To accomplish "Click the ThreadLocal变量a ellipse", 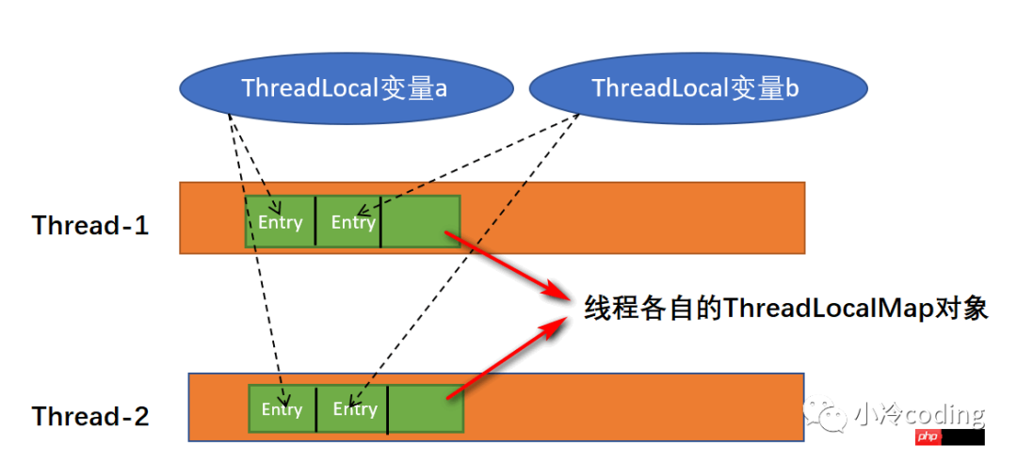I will pos(345,88).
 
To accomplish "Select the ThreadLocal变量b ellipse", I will pos(697,88).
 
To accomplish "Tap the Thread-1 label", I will pos(90,226).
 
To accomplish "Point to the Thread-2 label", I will pos(90,417).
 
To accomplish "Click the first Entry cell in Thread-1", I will pos(280,222).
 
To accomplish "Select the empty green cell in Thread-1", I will pos(420,222).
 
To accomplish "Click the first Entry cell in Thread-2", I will pos(282,409).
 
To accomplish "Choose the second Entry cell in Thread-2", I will pos(354,409).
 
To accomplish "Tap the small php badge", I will pos(928,437).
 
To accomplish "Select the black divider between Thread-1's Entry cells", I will pos(315,222).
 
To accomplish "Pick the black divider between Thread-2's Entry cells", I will pos(316,409).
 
